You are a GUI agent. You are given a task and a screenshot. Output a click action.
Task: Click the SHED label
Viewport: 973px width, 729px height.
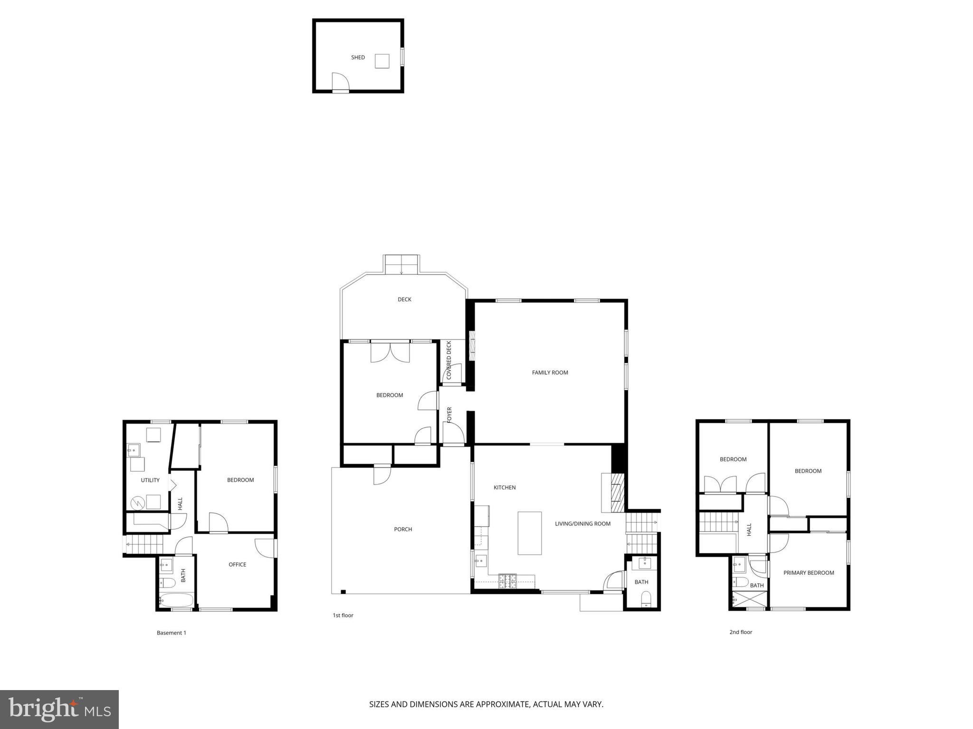[358, 57]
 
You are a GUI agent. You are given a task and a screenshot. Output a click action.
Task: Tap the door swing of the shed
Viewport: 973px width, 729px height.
[340, 82]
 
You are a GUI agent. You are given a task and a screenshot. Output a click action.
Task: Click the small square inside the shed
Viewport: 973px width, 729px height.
[382, 61]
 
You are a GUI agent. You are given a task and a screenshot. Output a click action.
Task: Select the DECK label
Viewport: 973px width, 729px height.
[404, 299]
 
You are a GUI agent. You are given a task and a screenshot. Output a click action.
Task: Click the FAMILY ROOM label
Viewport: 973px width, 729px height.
[550, 373]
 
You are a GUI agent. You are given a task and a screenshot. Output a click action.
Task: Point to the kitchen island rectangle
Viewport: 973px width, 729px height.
[529, 533]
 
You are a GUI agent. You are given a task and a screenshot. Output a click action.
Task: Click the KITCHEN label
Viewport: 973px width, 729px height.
[504, 487]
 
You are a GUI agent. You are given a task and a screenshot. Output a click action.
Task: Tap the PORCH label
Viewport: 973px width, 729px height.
[403, 529]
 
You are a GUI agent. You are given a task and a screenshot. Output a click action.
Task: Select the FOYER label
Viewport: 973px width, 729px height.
[449, 415]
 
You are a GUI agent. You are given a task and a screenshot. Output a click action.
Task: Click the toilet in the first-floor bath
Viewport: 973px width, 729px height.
[646, 599]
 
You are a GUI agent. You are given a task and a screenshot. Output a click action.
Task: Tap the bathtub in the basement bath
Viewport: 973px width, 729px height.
[176, 600]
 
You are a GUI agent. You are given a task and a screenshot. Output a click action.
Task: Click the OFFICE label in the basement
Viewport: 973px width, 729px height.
[237, 564]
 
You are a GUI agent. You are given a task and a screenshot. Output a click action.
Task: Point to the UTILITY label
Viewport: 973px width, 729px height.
[150, 480]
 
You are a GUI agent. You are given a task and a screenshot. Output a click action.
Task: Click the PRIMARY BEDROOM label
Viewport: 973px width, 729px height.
[809, 573]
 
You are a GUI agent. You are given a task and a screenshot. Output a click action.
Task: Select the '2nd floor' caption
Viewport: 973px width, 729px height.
[741, 632]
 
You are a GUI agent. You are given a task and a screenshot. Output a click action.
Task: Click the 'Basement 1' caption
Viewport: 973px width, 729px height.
[172, 633]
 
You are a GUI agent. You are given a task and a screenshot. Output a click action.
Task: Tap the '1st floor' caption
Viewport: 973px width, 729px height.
[343, 616]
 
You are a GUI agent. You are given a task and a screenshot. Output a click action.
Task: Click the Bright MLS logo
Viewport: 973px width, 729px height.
[59, 709]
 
